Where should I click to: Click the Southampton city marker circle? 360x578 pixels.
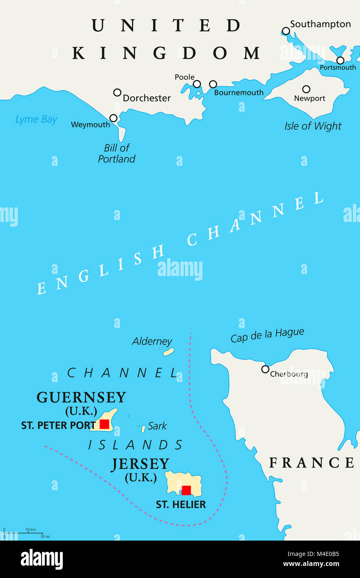pyautogui.click(x=286, y=31)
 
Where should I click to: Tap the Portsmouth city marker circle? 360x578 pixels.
pyautogui.click(x=340, y=60)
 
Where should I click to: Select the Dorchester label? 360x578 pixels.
pyautogui.click(x=147, y=98)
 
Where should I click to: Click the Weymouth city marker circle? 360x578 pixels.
pyautogui.click(x=113, y=118)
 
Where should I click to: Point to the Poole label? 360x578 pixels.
pyautogui.click(x=185, y=77)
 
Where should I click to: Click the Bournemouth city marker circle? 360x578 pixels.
pyautogui.click(x=213, y=84)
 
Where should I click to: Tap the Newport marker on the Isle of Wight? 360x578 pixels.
pyautogui.click(x=306, y=89)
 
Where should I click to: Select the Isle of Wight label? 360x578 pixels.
pyautogui.click(x=313, y=126)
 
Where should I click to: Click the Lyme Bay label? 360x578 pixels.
pyautogui.click(x=36, y=120)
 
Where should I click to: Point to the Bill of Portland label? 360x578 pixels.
pyautogui.click(x=117, y=153)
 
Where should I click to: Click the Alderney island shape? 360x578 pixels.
pyautogui.click(x=168, y=352)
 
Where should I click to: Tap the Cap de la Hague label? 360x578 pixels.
pyautogui.click(x=267, y=335)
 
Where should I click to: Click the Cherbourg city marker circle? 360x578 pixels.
pyautogui.click(x=265, y=369)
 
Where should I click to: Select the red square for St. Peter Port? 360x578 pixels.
pyautogui.click(x=104, y=424)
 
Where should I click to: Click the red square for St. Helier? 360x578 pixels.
pyautogui.click(x=186, y=490)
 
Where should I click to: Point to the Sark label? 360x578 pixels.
pyautogui.click(x=157, y=426)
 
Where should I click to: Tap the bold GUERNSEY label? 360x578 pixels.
pyautogui.click(x=81, y=398)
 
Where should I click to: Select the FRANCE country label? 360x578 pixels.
pyautogui.click(x=311, y=462)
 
